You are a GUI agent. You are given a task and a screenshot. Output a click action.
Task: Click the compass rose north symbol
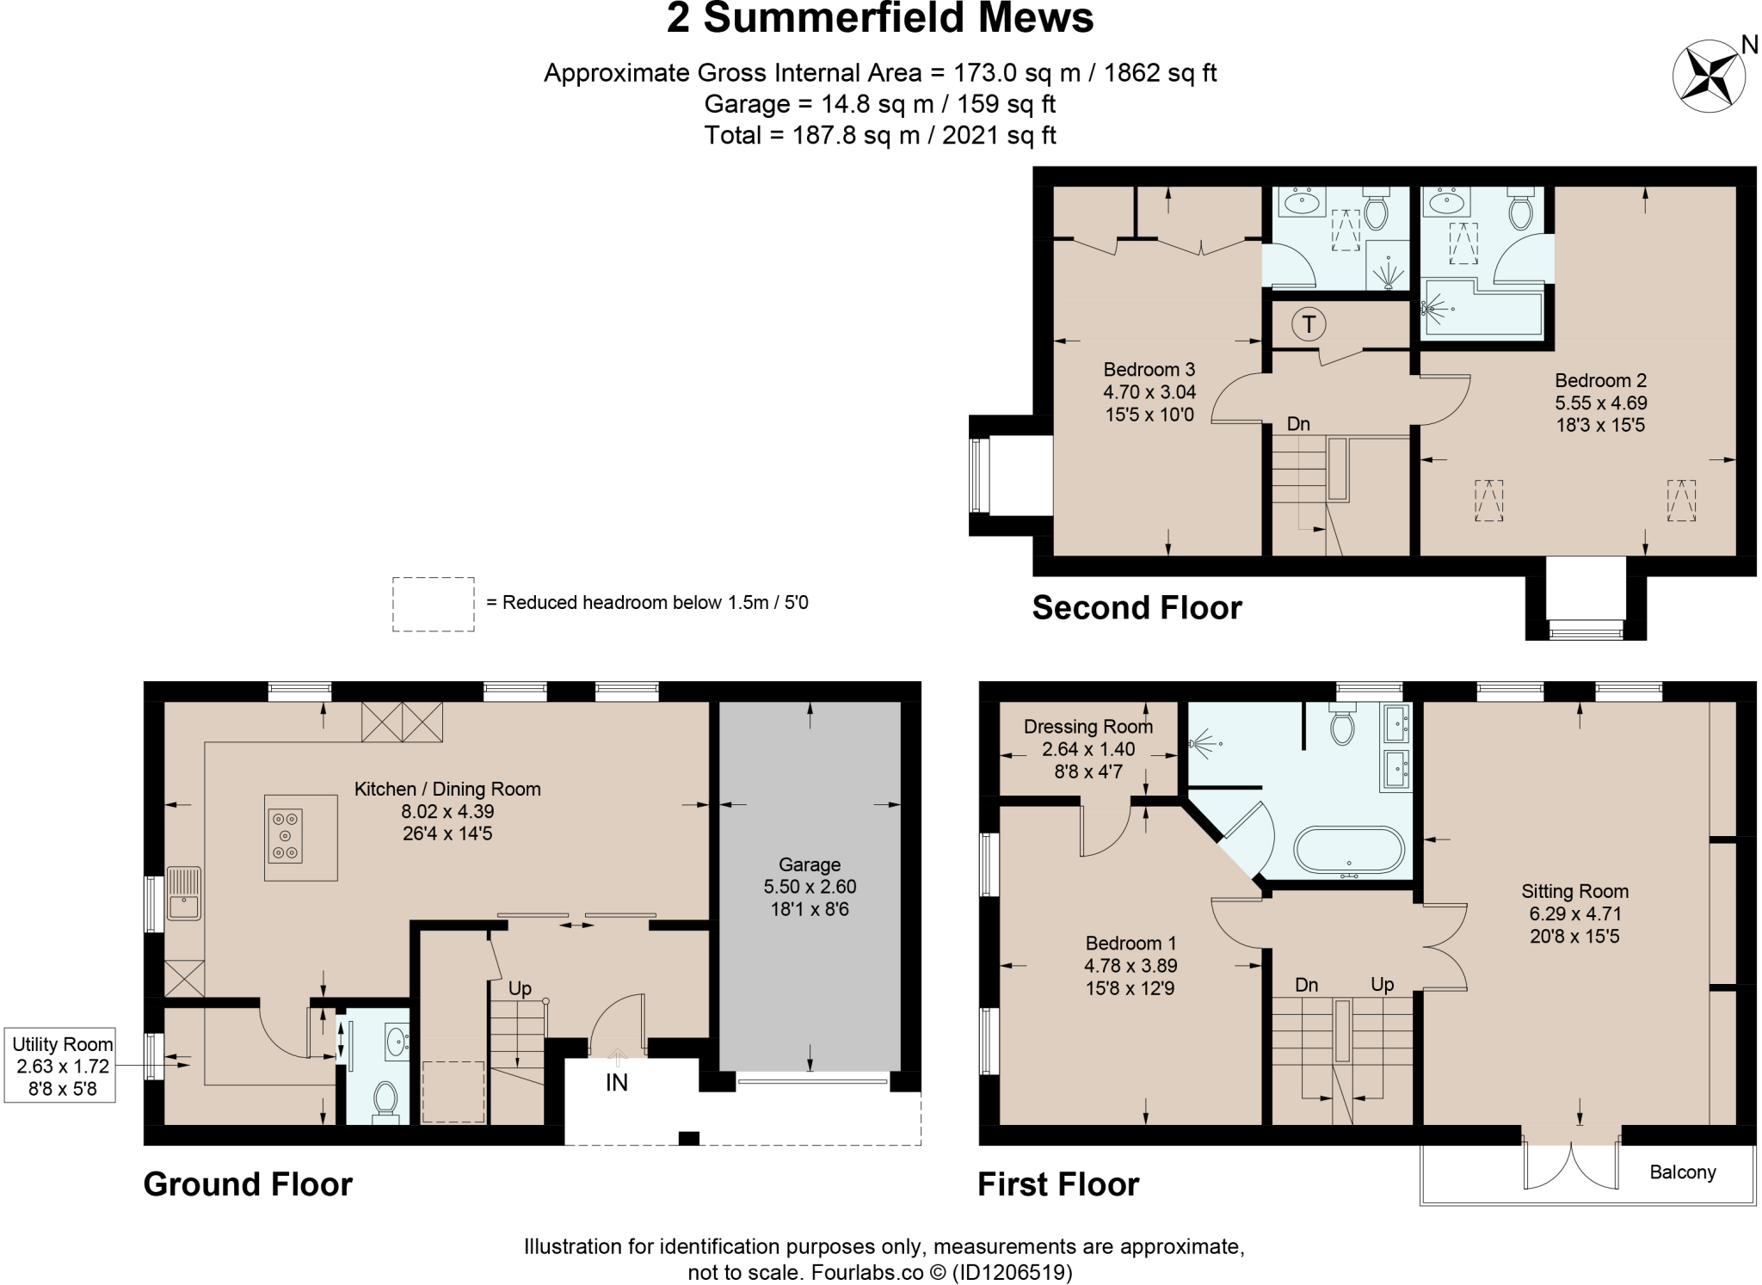click(1709, 76)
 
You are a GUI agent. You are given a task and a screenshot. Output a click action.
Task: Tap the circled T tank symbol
click(1309, 324)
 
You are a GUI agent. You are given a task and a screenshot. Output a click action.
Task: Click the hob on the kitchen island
click(285, 835)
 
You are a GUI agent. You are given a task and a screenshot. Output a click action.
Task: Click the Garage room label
click(810, 864)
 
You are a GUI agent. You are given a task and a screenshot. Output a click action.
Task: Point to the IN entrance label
click(616, 1083)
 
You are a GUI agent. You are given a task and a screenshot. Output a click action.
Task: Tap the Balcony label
click(1682, 1172)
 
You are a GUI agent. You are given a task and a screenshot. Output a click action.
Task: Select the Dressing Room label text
click(1087, 727)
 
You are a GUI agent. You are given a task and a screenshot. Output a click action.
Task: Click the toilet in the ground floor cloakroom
click(385, 1100)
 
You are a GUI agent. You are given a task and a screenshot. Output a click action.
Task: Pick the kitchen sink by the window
click(185, 895)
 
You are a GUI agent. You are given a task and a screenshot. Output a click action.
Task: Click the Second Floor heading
click(1137, 608)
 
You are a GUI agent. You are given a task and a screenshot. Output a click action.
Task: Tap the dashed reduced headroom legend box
click(433, 604)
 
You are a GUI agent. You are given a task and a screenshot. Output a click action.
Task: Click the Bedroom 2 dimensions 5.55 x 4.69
click(1600, 403)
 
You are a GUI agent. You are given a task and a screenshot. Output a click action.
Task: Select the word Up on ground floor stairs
click(520, 989)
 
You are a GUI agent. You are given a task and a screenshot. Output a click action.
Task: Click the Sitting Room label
click(1574, 891)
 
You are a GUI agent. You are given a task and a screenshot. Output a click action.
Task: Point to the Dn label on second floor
click(1297, 424)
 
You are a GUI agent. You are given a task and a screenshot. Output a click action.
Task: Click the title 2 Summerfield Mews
click(879, 19)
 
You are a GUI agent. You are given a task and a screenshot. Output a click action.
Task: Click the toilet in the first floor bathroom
click(1341, 726)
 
